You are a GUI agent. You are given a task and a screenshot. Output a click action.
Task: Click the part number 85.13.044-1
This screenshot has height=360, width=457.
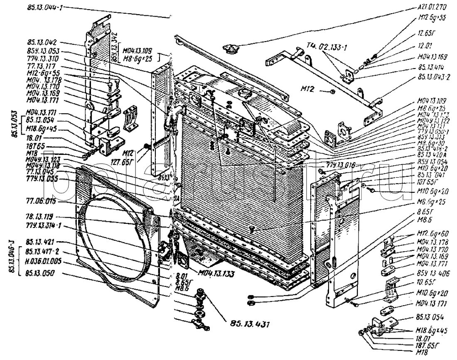pyautogui.click(x=44, y=7)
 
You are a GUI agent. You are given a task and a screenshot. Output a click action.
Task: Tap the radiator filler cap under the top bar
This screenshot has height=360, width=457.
pyautogui.click(x=228, y=49)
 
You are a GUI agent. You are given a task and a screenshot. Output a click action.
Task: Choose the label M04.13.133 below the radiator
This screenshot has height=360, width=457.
pyautogui.click(x=216, y=273)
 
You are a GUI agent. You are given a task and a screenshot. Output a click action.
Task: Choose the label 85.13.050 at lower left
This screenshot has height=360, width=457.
pyautogui.click(x=41, y=273)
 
